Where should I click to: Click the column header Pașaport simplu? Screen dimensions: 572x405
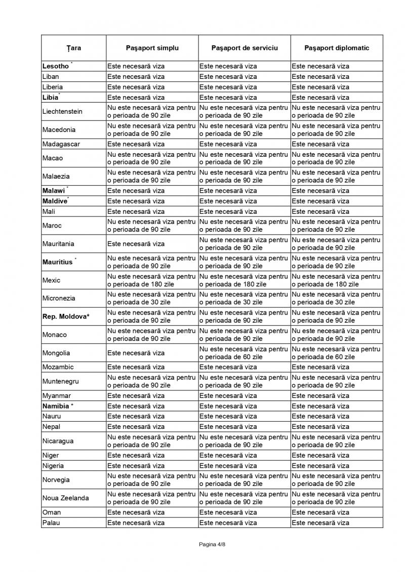(x=152, y=48)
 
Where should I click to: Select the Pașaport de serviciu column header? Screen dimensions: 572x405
(x=244, y=48)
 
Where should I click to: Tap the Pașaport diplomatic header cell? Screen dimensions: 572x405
(x=337, y=48)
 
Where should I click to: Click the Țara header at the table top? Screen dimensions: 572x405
(x=73, y=48)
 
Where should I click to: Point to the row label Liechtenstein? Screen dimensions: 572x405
(x=62, y=111)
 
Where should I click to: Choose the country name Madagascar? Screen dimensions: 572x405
(x=61, y=144)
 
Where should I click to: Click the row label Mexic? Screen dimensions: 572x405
(x=52, y=280)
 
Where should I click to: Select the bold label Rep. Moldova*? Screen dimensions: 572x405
(x=66, y=317)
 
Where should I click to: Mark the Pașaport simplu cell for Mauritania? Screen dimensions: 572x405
(x=136, y=244)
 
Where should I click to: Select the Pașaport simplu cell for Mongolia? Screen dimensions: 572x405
(x=136, y=353)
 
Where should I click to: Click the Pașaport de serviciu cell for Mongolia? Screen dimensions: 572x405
(x=244, y=353)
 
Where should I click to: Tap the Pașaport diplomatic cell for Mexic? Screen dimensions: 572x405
(x=336, y=280)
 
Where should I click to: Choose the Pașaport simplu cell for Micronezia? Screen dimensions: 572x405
(x=151, y=298)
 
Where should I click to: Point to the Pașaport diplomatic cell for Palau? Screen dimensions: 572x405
(x=320, y=522)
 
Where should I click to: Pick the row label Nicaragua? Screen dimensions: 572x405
(x=58, y=441)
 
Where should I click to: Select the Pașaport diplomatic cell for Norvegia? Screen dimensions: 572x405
(x=336, y=479)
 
